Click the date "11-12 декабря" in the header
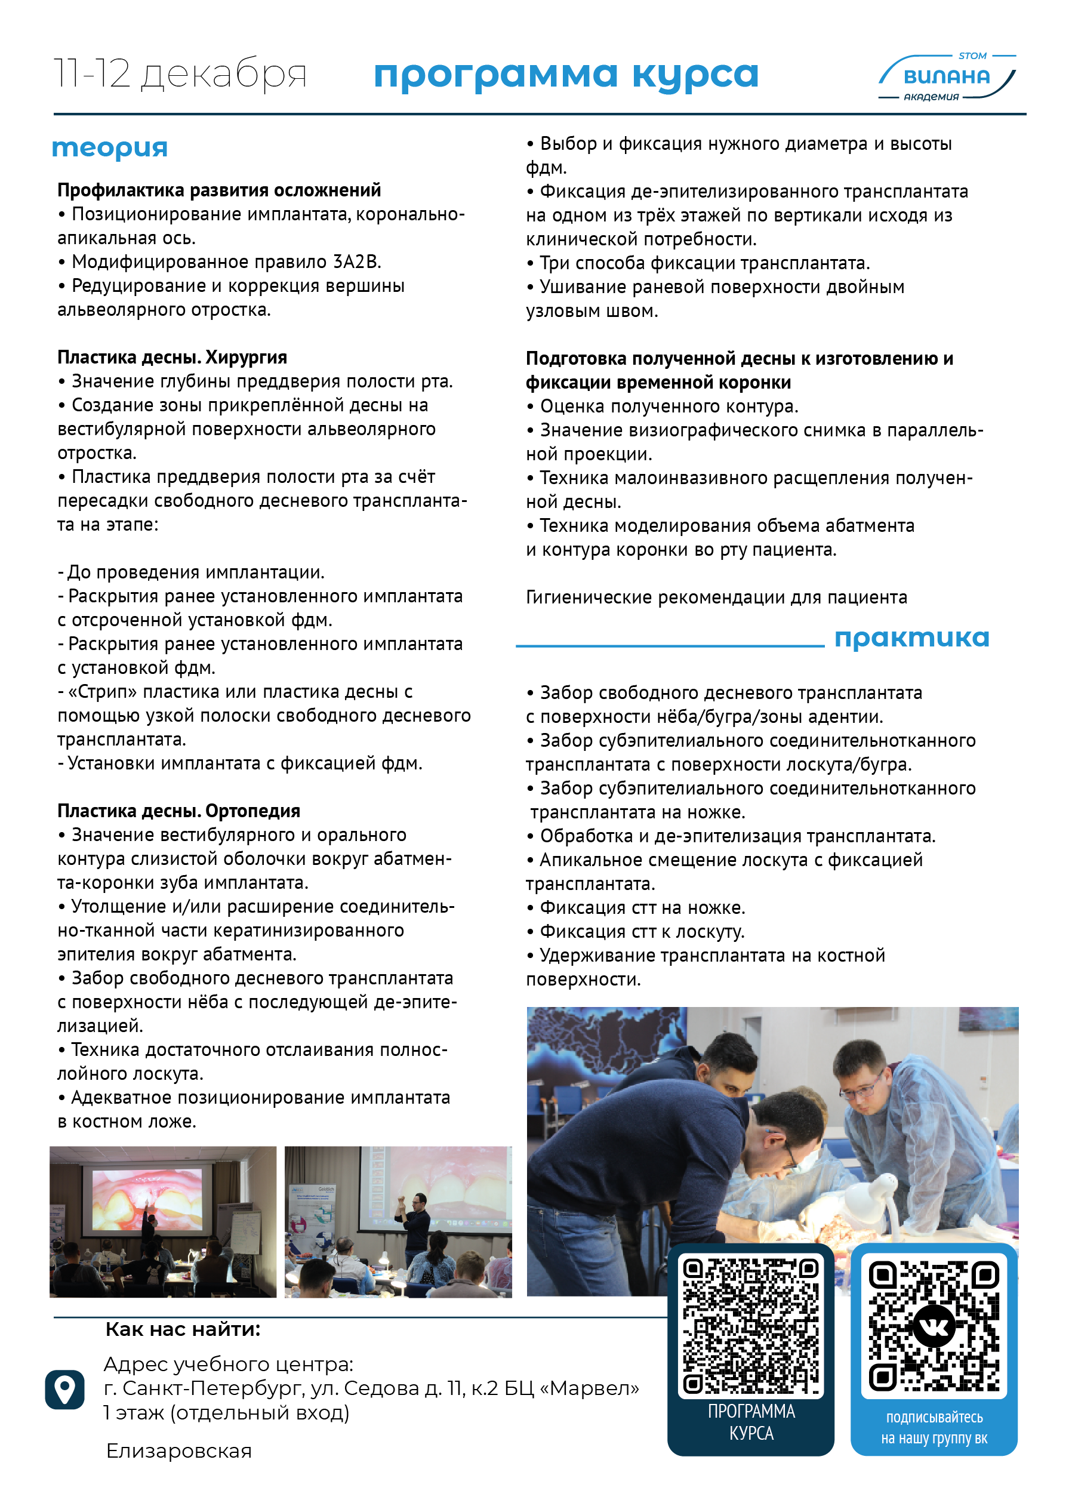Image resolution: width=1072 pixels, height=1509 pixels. click(x=180, y=73)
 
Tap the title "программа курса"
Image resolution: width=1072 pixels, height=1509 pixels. click(x=566, y=74)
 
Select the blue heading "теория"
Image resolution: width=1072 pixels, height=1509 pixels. click(x=110, y=147)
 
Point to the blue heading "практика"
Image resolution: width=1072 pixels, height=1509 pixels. click(x=911, y=638)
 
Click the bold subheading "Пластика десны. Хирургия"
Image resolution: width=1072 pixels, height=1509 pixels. click(x=172, y=357)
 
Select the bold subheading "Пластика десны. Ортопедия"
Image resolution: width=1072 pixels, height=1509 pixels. click(x=178, y=811)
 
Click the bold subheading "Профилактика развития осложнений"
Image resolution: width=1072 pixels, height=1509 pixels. click(x=218, y=190)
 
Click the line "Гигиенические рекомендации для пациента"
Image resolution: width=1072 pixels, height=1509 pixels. click(x=716, y=598)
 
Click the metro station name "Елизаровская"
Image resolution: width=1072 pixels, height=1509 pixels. click(x=179, y=1451)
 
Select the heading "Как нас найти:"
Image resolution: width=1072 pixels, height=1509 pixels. click(x=183, y=1329)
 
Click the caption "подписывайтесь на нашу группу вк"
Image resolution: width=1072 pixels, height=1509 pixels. click(x=934, y=1428)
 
